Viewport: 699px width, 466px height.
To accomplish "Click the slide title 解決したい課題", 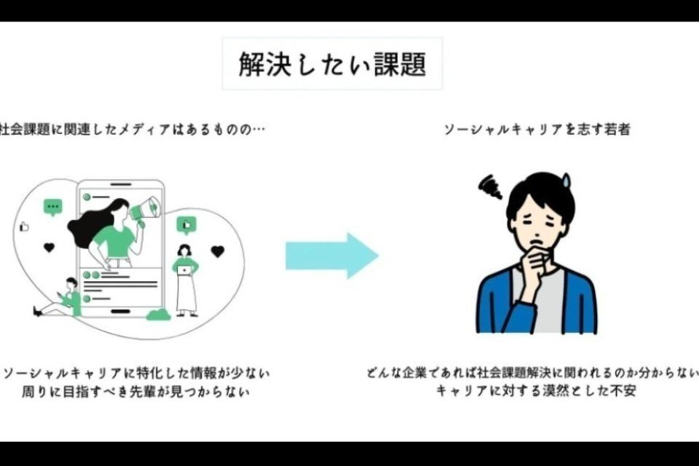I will click(x=332, y=64).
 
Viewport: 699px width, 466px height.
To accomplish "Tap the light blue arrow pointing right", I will click(x=331, y=256).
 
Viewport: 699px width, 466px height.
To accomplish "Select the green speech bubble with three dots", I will click(x=52, y=208).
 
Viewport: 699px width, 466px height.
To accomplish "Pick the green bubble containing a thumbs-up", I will click(x=186, y=225).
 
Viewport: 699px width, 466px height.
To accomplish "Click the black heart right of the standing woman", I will click(x=217, y=251).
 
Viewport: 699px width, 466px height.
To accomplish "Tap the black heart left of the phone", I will click(x=49, y=248).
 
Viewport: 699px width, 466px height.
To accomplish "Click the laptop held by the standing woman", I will click(x=185, y=270).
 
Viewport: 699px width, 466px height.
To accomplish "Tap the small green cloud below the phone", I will click(x=158, y=315).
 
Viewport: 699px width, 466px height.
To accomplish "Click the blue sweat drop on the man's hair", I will click(x=566, y=178).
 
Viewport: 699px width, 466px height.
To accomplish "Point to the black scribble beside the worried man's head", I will click(x=490, y=186).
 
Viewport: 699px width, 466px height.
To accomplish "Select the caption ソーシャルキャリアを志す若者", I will click(x=537, y=130).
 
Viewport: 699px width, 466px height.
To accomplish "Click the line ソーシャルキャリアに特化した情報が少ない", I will click(x=135, y=374).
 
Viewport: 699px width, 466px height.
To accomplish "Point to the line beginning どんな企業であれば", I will click(x=532, y=374).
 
